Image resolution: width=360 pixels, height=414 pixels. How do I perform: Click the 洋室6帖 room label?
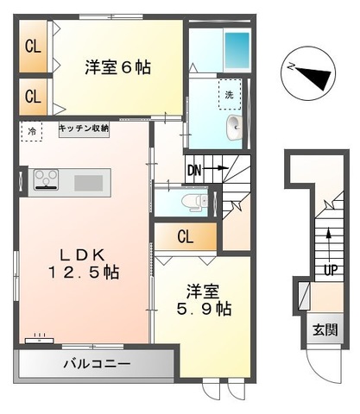pos(117,66)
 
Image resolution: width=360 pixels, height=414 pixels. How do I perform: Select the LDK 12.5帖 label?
pos(82,263)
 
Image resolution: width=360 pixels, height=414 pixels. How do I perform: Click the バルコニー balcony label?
pos(96,365)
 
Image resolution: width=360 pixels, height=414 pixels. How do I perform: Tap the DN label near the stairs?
pos(195,169)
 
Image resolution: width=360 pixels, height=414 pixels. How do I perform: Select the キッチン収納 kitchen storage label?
pos(84,129)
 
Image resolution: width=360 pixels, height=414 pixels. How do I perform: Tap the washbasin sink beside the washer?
pos(235,129)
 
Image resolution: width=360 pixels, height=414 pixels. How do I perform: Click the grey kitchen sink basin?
pos(88,181)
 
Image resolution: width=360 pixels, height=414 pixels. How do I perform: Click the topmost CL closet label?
pos(31,47)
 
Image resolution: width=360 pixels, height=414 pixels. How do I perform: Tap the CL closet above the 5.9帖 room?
pos(185,237)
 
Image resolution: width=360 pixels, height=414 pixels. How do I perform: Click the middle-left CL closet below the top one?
pos(31,96)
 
